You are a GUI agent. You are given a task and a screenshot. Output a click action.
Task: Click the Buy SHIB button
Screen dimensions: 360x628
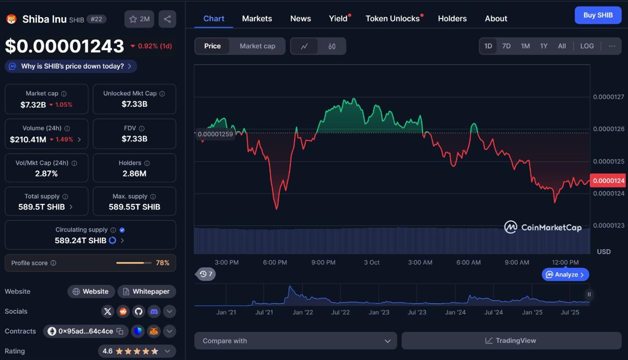pyautogui.click(x=598, y=15)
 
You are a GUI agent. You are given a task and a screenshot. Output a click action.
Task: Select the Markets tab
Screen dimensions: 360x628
pyautogui.click(x=257, y=19)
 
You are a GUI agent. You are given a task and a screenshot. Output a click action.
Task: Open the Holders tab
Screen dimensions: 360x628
pyautogui.click(x=452, y=19)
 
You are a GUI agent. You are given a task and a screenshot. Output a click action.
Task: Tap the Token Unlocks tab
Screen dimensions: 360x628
pyautogui.click(x=392, y=19)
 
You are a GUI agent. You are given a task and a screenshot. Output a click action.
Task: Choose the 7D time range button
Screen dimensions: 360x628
pyautogui.click(x=506, y=46)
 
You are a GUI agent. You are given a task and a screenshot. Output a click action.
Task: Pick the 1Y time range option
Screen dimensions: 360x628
pyautogui.click(x=544, y=46)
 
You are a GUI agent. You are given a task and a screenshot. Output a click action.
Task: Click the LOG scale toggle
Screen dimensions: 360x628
pyautogui.click(x=587, y=46)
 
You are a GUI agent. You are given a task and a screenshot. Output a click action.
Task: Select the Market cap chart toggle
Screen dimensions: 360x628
pyautogui.click(x=257, y=46)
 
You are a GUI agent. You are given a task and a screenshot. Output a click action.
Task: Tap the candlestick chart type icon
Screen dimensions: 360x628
pyautogui.click(x=332, y=46)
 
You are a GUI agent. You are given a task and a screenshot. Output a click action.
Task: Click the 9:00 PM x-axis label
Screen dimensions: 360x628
pyautogui.click(x=323, y=262)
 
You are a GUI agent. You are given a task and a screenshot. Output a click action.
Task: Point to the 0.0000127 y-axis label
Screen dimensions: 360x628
pyautogui.click(x=608, y=97)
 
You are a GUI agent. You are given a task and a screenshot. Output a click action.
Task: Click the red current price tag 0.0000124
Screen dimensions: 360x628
pyautogui.click(x=608, y=180)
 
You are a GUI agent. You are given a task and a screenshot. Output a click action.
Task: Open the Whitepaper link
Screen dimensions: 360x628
pyautogui.click(x=146, y=291)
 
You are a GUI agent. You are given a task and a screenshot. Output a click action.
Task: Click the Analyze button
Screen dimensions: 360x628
pyautogui.click(x=566, y=275)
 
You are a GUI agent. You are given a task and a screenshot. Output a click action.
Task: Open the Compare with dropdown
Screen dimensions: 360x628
pyautogui.click(x=296, y=341)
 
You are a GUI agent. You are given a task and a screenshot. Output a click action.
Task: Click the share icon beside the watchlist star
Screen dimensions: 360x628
pyautogui.click(x=167, y=19)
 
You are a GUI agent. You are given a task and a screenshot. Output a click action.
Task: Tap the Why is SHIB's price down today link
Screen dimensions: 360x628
pyautogui.click(x=72, y=66)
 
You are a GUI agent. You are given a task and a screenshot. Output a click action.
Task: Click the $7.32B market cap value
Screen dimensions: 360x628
pyautogui.click(x=33, y=104)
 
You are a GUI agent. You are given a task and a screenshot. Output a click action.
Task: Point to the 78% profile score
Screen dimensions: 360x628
pyautogui.click(x=162, y=263)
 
